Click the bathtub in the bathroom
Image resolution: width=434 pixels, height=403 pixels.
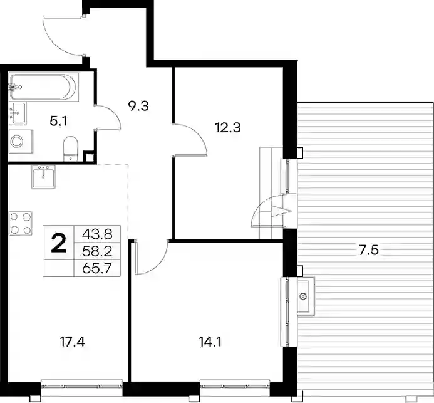[43, 87]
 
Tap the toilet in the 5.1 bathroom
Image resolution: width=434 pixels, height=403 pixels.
[71, 149]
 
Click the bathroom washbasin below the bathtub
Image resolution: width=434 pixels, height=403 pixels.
[18, 113]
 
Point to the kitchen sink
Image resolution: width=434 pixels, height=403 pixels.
[43, 177]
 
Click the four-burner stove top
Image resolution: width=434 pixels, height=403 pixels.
[21, 223]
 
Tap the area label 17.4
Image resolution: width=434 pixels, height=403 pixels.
[73, 342]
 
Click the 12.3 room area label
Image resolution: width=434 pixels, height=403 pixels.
[228, 128]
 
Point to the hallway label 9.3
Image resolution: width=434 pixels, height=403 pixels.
[138, 106]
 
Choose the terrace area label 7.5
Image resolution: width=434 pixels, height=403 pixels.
[368, 251]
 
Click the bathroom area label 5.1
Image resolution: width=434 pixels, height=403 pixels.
[58, 122]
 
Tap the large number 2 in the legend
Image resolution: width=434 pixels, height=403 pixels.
[59, 243]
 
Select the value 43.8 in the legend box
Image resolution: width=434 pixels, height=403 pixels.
[97, 234]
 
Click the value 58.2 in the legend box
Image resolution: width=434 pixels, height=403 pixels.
[97, 251]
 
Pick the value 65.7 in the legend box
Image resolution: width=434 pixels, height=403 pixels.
[97, 268]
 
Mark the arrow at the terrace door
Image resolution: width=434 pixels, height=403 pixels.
[282, 211]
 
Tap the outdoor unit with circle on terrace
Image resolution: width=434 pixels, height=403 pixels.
[306, 296]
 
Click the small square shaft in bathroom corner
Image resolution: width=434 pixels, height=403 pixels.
[89, 157]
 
